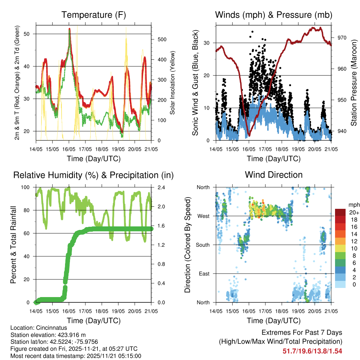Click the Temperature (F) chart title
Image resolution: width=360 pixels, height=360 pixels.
click(x=94, y=15)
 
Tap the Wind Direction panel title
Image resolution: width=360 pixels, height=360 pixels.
click(x=274, y=175)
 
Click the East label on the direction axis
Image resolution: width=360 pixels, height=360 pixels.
click(x=204, y=274)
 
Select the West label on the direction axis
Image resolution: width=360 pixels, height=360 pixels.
click(x=204, y=216)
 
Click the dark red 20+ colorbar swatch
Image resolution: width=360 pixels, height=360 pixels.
click(x=340, y=212)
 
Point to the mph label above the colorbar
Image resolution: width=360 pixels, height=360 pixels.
click(x=354, y=205)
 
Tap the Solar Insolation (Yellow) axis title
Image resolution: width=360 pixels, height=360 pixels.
click(x=173, y=83)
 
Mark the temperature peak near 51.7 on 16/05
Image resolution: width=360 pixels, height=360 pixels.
click(x=70, y=29)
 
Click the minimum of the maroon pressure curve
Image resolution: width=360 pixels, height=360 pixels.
click(x=249, y=135)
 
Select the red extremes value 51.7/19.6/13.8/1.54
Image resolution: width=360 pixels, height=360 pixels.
click(x=312, y=351)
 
